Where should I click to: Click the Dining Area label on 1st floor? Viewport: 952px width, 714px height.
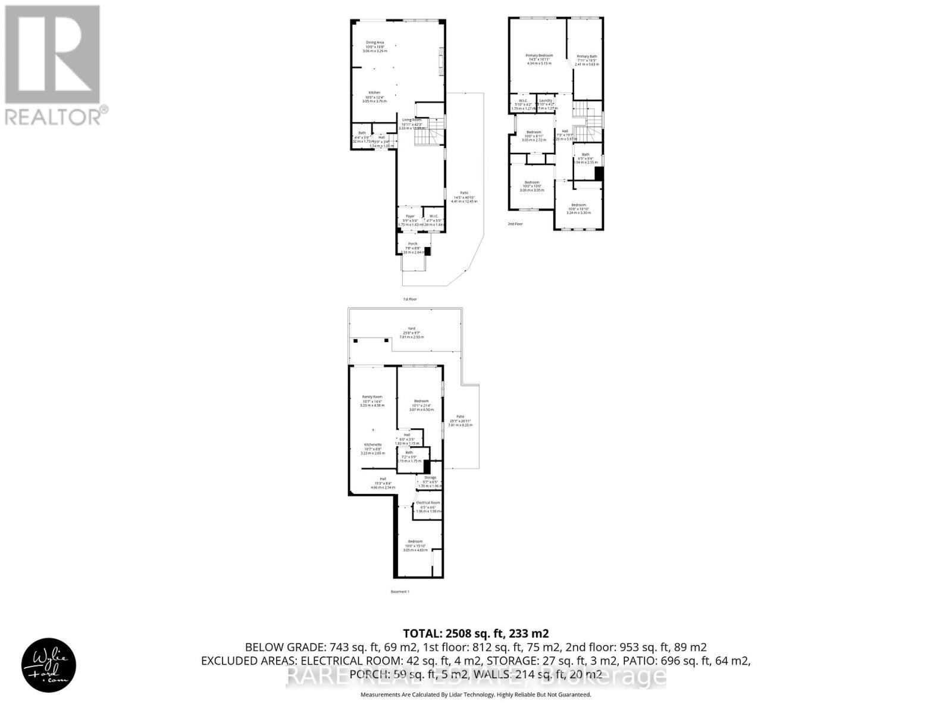pos(375,43)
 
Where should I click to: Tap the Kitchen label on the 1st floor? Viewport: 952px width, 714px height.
pos(374,93)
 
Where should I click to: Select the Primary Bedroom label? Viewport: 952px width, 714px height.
pos(539,56)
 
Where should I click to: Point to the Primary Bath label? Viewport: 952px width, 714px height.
pos(587,57)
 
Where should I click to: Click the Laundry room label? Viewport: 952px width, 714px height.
pos(546,101)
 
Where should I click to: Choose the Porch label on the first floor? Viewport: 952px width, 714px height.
pos(412,244)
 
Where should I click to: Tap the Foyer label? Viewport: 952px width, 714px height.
pos(410,217)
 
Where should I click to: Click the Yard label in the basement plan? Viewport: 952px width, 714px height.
pos(411,328)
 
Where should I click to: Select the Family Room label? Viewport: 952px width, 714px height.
pos(372,397)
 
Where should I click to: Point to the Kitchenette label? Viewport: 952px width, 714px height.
pos(372,444)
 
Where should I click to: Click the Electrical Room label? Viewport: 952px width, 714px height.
pos(428,503)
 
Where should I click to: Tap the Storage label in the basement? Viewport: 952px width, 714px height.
pos(430,478)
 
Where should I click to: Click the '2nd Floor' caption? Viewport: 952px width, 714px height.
pos(515,224)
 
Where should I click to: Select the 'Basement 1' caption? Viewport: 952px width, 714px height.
pos(400,591)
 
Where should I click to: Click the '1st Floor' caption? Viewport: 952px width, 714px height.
pos(409,299)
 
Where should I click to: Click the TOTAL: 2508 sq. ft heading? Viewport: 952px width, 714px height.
pos(475,633)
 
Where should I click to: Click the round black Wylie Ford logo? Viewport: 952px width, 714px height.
pos(49,665)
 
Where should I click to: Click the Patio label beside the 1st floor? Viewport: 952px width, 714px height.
pos(464,193)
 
